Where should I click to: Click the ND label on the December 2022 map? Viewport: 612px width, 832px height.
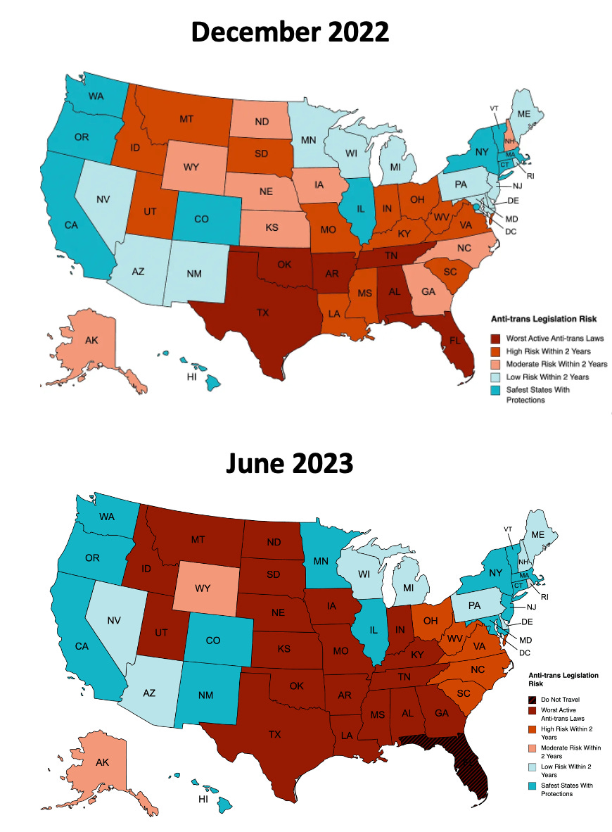click(x=262, y=122)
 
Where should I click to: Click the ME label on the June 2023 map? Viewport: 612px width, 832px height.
click(x=539, y=534)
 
